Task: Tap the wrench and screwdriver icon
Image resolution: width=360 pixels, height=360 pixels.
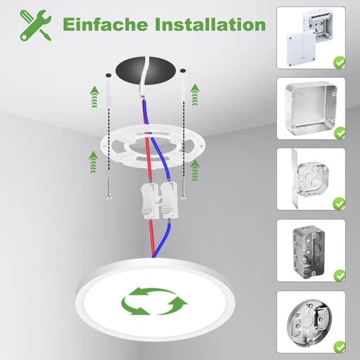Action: [x=35, y=25]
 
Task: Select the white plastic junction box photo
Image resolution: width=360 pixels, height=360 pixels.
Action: [x=310, y=37]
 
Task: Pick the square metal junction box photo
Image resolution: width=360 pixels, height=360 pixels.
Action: [x=310, y=108]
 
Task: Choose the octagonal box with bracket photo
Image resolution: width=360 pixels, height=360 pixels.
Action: [x=310, y=179]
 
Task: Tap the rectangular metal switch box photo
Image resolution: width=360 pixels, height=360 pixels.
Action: [x=310, y=250]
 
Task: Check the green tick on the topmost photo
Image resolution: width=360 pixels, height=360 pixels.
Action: [x=339, y=62]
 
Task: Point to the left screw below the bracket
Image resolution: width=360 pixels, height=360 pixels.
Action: [x=108, y=189]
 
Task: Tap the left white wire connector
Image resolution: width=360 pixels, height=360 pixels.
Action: [x=148, y=200]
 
